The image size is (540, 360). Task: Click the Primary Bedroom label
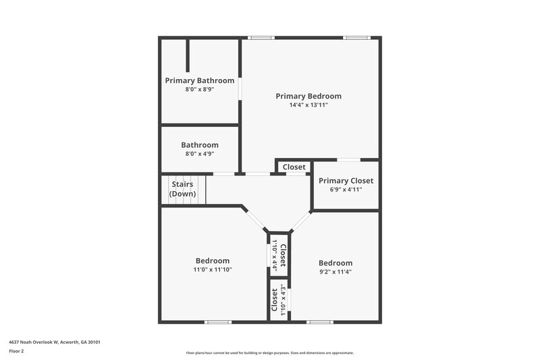pos(308,96)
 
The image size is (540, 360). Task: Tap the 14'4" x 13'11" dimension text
pos(308,105)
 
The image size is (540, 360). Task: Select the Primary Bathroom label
pos(200,80)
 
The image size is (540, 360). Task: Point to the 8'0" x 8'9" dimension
pos(200,89)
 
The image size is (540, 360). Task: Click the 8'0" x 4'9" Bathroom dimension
pos(200,154)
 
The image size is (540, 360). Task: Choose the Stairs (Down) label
pos(182,189)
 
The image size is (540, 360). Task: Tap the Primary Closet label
pos(346,180)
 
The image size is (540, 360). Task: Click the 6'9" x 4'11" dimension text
pos(346,190)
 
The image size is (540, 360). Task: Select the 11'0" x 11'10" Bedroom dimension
pos(213,270)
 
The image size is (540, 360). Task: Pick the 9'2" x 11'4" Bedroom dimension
pos(335,272)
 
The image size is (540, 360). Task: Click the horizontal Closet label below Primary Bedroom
pos(294,167)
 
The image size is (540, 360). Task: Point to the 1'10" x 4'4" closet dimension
pos(275,255)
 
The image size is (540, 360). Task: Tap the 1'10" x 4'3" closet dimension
pos(282,302)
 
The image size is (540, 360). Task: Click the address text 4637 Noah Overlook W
pos(55,342)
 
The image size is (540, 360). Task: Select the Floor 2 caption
pos(17,351)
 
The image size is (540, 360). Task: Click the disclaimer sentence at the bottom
pos(270,353)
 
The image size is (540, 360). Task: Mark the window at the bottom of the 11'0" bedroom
pos(218,322)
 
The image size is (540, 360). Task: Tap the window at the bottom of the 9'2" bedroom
pos(319,322)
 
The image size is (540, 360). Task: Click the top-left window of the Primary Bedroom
pos(261,38)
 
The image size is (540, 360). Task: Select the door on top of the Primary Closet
pos(348,160)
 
